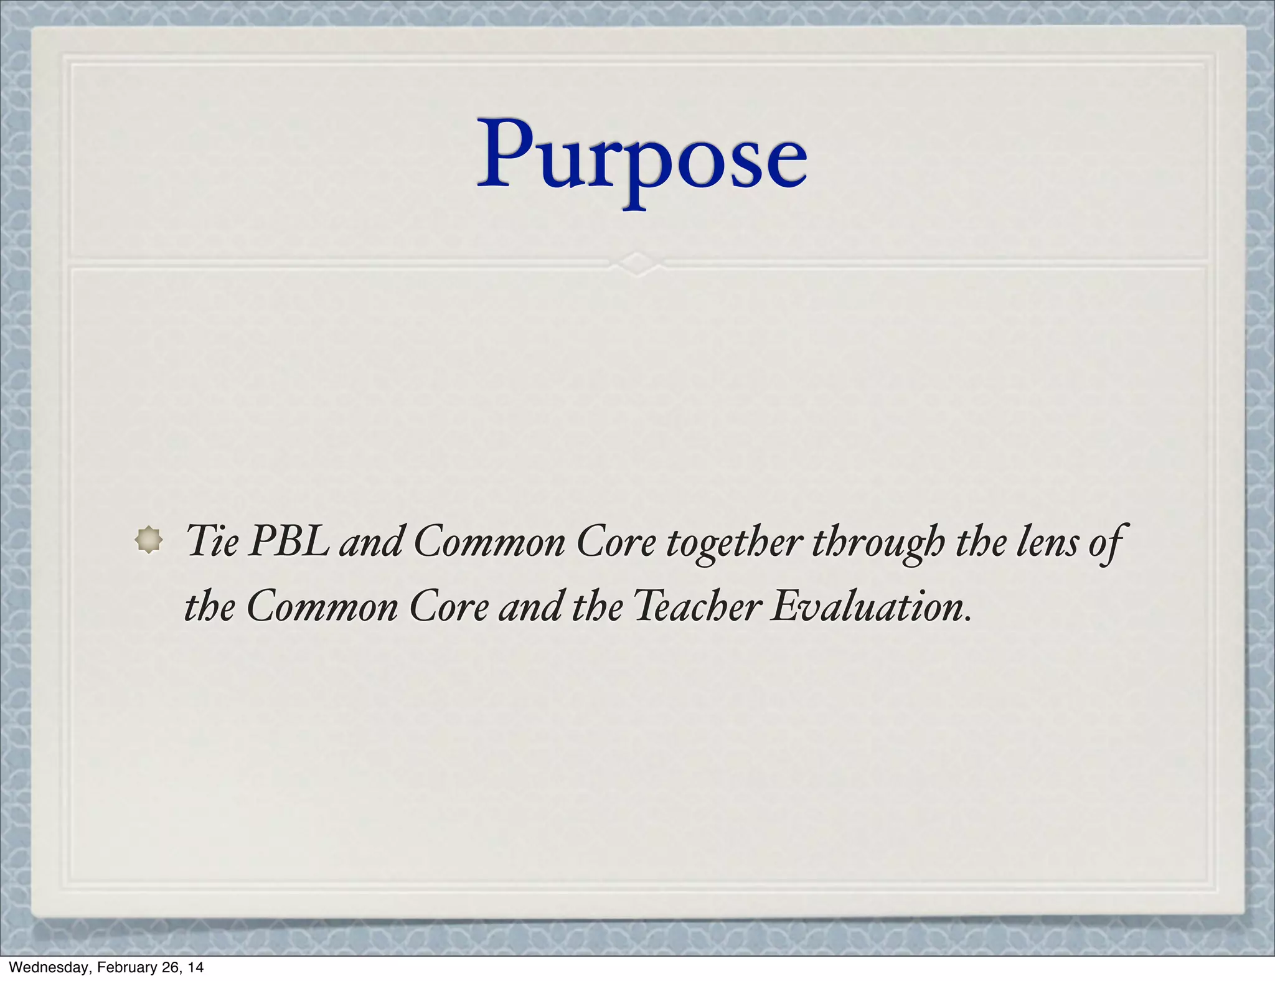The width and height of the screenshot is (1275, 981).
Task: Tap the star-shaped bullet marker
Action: coord(149,539)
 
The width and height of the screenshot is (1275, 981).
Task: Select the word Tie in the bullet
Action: coord(212,540)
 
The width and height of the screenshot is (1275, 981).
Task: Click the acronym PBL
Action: coord(289,540)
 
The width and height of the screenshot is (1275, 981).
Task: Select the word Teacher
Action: coord(697,606)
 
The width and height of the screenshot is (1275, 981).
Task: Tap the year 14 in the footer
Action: coord(195,967)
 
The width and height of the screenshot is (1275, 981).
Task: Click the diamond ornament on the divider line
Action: coord(637,263)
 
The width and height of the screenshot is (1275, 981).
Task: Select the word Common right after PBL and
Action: coord(489,542)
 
